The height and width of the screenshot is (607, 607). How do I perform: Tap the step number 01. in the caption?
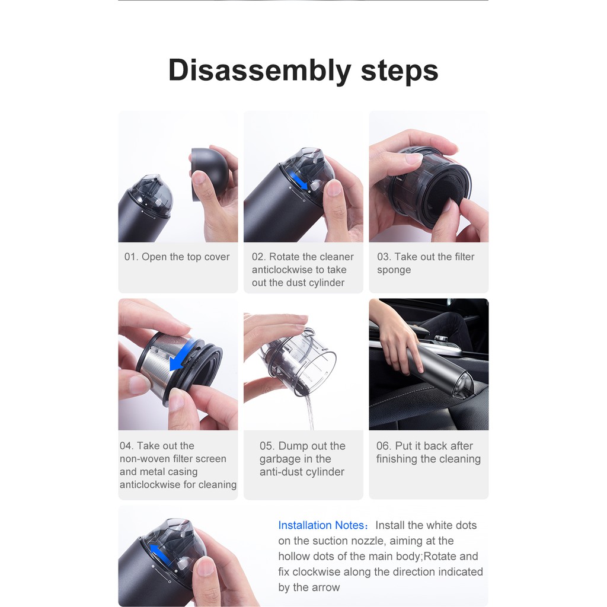pos(131,257)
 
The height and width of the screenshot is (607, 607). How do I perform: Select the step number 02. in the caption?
pos(258,257)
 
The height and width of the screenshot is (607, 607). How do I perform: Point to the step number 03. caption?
pos(384,257)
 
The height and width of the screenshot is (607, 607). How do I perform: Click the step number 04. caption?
pos(127,446)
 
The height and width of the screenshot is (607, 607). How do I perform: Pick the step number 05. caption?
pos(267,446)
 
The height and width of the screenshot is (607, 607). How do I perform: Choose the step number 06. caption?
pos(384,446)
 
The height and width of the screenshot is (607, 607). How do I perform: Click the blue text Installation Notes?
pos(321,526)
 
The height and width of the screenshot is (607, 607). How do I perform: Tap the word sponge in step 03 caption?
pos(394,270)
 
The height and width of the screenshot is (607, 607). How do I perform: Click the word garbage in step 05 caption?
pos(280,459)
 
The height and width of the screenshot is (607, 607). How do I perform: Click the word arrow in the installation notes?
pos(327,588)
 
